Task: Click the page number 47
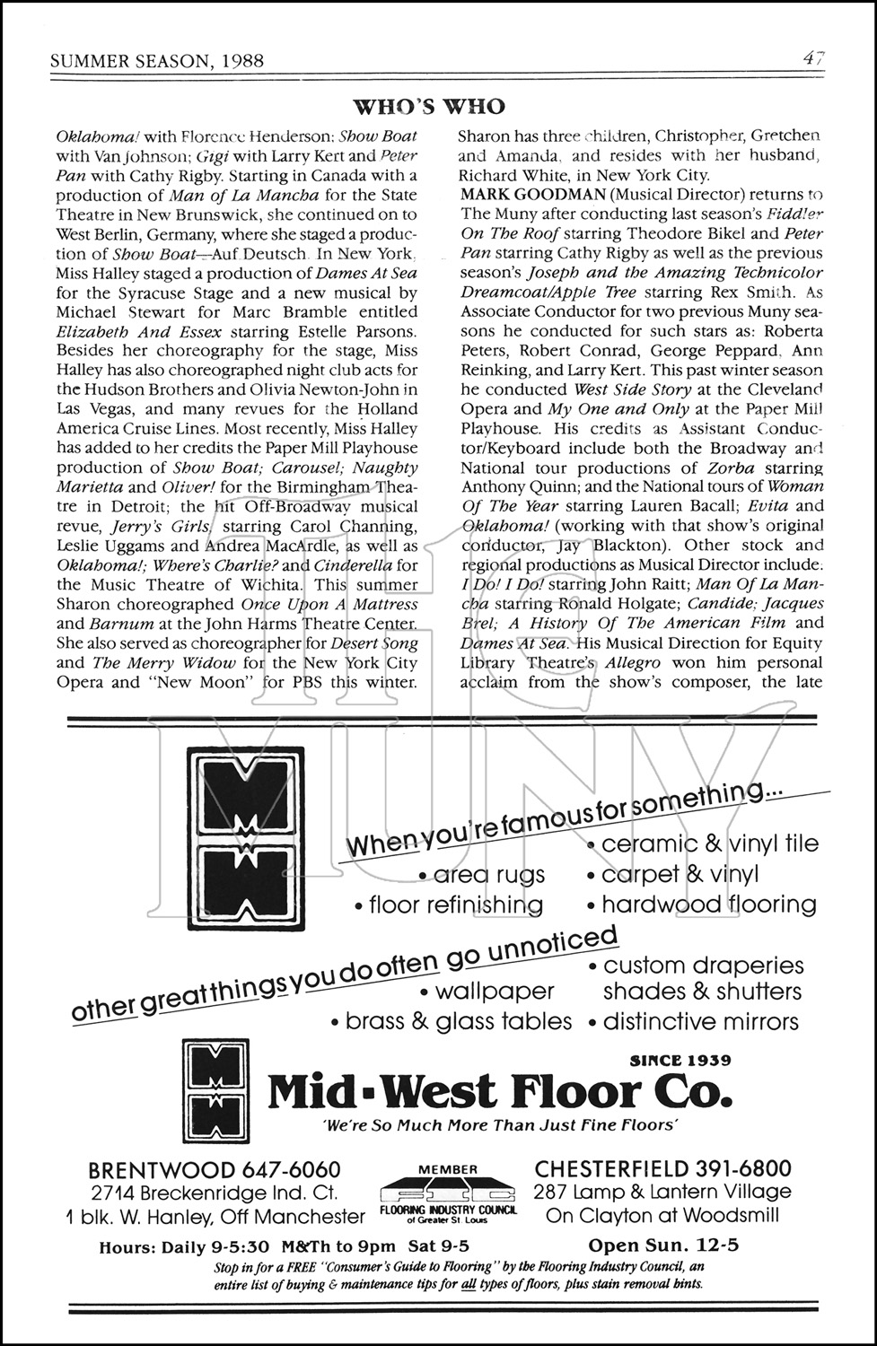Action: point(813,59)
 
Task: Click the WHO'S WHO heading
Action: point(430,108)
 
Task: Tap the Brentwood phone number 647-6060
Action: point(291,1169)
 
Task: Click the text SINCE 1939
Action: point(680,1060)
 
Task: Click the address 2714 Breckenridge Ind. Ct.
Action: point(215,1193)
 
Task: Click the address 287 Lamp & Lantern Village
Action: point(662,1192)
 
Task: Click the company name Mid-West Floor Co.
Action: point(500,1091)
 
